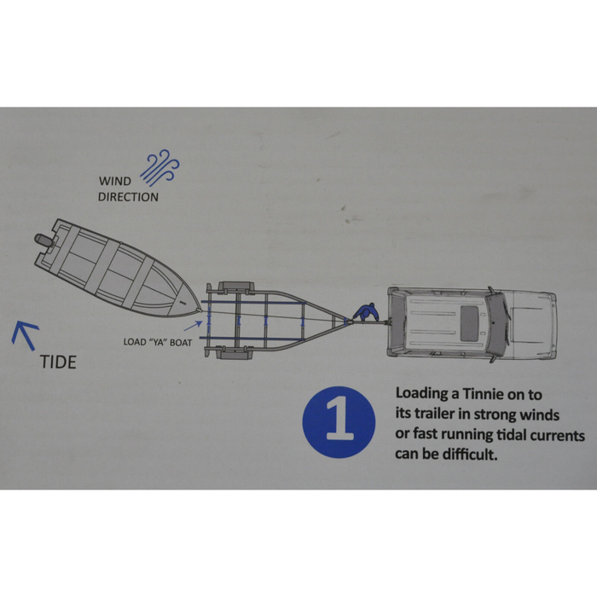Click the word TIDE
58,362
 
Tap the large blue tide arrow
25,334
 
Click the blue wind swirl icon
160,167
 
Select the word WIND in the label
115,181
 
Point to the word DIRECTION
128,197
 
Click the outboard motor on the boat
44,241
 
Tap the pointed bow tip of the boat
200,310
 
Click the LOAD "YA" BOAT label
158,342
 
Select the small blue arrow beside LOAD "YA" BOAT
194,326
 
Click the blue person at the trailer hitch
366,312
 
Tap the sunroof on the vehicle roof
469,323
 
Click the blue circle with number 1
339,422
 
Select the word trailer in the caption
433,413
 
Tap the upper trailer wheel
236,287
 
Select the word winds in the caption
540,414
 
